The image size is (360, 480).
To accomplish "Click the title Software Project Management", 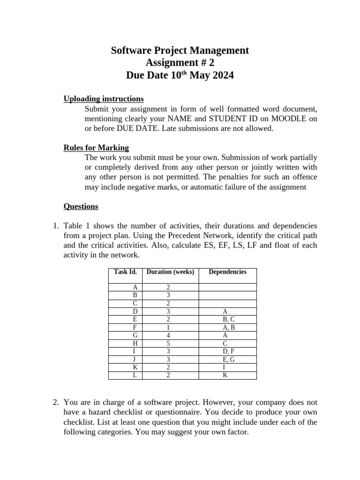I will point(180,51).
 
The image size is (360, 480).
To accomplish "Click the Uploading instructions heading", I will point(104,98).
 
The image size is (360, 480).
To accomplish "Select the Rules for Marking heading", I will point(96,148).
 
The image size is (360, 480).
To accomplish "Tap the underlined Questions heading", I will point(81,206).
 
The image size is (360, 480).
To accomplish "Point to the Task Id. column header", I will point(125,272).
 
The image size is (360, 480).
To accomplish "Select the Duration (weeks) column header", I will point(170,272).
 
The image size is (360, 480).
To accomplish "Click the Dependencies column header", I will point(227,272).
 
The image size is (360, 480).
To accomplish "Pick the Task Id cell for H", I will point(135,344).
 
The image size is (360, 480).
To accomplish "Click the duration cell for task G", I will point(168,336).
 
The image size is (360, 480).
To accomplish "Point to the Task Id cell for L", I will point(135,375).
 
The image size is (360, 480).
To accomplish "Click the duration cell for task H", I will point(168,344).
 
